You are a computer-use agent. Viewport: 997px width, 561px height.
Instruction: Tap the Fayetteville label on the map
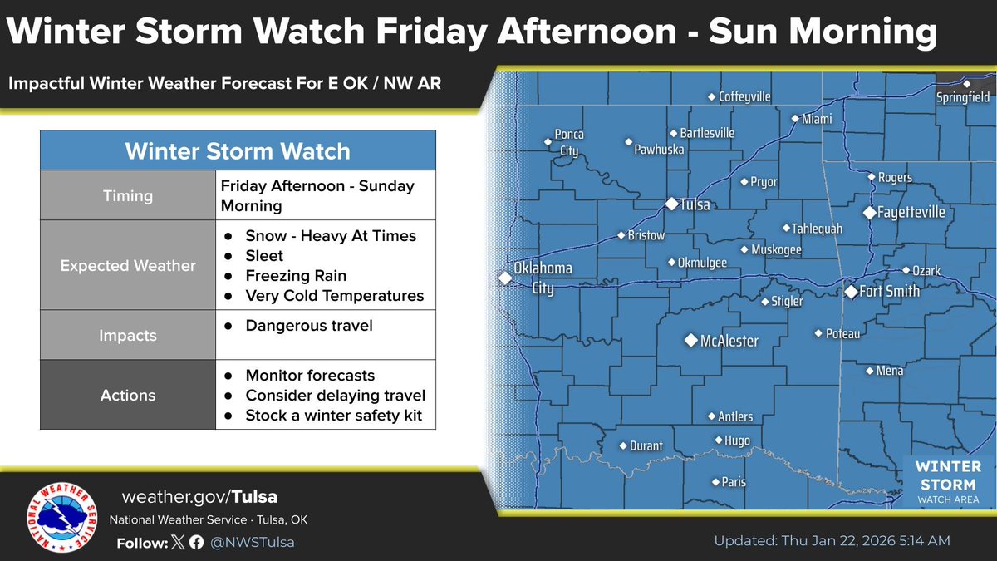913,213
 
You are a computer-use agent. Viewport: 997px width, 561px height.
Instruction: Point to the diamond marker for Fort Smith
851,292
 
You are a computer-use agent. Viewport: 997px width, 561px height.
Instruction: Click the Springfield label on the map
963,97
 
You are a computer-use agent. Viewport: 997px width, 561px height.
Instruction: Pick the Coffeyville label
744,97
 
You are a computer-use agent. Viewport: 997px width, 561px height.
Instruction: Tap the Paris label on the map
734,482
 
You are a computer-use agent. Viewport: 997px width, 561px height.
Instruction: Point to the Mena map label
889,371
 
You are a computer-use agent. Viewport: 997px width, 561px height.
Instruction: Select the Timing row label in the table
128,196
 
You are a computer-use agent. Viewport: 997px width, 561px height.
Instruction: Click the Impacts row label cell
128,336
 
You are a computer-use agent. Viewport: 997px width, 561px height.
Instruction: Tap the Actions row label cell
128,396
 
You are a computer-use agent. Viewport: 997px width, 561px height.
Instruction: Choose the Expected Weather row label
128,266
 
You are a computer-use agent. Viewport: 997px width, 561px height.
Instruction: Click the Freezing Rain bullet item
296,276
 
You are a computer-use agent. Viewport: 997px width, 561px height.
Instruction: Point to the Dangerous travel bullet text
309,326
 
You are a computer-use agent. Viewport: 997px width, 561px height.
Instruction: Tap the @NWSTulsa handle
252,542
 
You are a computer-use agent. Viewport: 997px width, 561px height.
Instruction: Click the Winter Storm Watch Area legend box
948,481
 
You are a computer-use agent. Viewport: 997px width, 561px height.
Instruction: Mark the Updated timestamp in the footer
832,541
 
